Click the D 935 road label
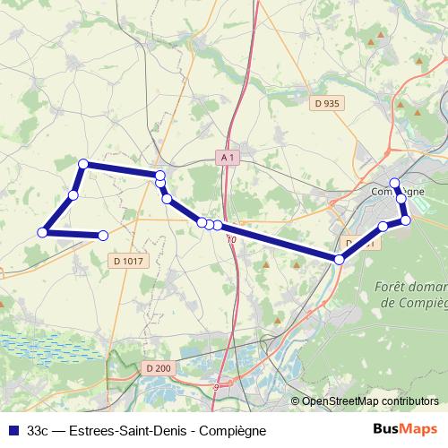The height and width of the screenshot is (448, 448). (x=328, y=104)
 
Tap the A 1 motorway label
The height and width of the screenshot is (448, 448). (x=229, y=158)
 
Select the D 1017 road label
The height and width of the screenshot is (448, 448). (x=129, y=261)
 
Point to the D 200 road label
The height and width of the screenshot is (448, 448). (x=158, y=367)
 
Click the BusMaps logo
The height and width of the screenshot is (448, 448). (x=407, y=430)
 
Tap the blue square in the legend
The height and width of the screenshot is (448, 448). (x=13, y=431)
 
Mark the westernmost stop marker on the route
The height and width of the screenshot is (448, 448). (x=41, y=233)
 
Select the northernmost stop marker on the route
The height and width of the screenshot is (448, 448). (x=83, y=164)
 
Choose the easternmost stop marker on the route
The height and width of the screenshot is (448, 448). (x=405, y=220)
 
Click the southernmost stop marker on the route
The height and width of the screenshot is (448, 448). (x=340, y=259)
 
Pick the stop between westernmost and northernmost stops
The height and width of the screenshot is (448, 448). (x=73, y=194)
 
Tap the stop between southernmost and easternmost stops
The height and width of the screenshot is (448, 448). (x=383, y=227)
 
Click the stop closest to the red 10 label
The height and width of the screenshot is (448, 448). (x=218, y=225)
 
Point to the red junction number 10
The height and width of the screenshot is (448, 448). (x=231, y=239)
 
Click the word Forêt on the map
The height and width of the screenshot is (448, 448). (x=387, y=288)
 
